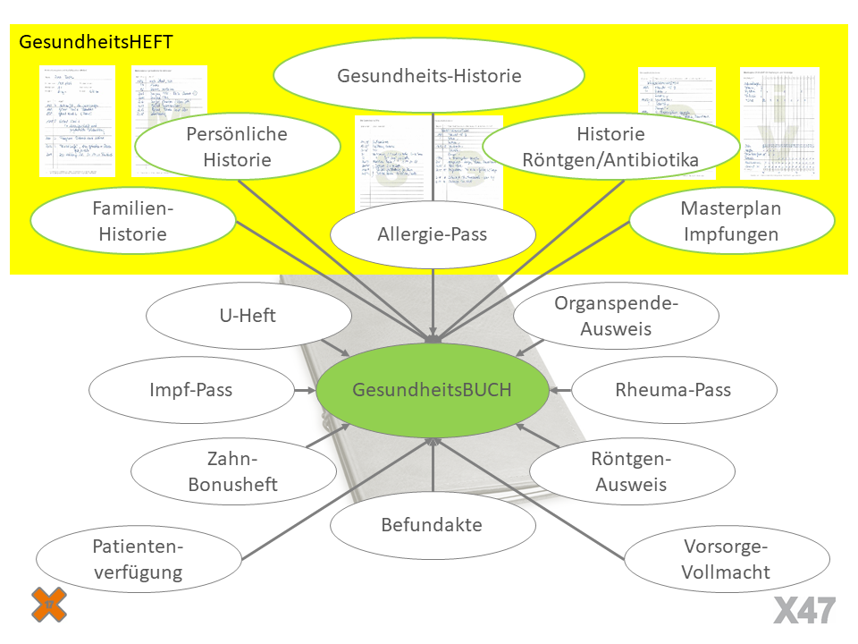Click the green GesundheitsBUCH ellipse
pyautogui.click(x=433, y=390)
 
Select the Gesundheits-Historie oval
pyautogui.click(x=429, y=76)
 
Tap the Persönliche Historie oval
pyautogui.click(x=237, y=148)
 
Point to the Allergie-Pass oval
pyautogui.click(x=433, y=235)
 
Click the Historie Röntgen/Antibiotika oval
pyautogui.click(x=610, y=148)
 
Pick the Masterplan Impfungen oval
pyautogui.click(x=731, y=221)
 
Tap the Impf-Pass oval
pyautogui.click(x=192, y=390)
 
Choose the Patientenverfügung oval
pyautogui.click(x=138, y=560)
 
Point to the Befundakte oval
pyautogui.click(x=433, y=525)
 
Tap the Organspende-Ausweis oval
pyautogui.click(x=617, y=316)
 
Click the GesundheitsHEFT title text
pyautogui.click(x=97, y=42)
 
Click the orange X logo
pyautogui.click(x=49, y=604)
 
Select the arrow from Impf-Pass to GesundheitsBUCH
pyautogui.click(x=305, y=390)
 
